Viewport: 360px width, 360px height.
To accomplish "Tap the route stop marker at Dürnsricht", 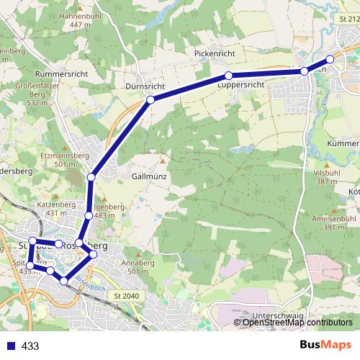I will [150, 100].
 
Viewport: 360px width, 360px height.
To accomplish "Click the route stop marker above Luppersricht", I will [228, 76].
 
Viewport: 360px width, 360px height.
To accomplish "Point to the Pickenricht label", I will [215, 54].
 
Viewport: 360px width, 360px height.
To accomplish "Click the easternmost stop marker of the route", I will [330, 60].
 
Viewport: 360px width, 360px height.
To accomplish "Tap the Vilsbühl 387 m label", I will [325, 177].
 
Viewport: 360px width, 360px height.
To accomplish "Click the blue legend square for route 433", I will [9, 346].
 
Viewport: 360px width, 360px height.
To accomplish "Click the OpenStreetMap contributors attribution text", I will [297, 322].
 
